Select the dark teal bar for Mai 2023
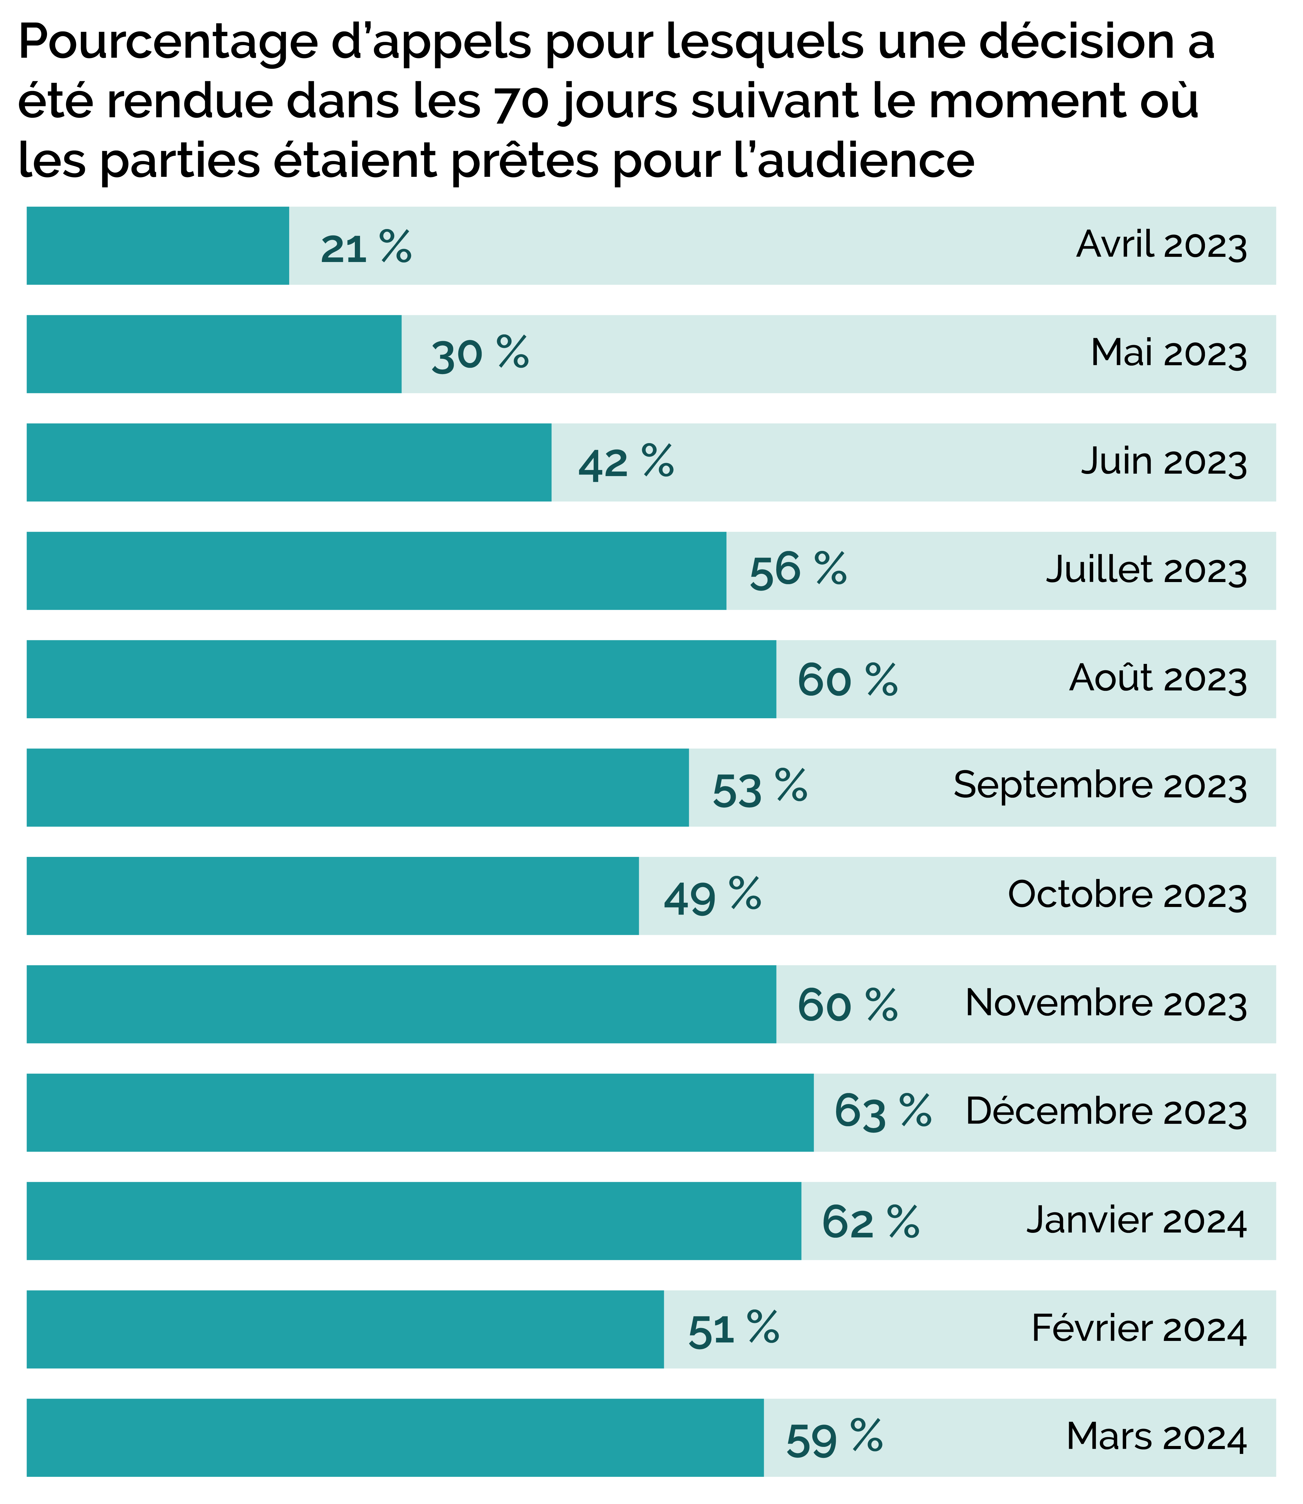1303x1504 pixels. pos(214,354)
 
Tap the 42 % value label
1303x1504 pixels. pos(626,463)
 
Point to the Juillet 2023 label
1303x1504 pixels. pos(1146,570)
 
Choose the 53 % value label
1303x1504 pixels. pos(760,788)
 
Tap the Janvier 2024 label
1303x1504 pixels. pos(1137,1220)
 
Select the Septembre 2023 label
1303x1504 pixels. pos(1100,786)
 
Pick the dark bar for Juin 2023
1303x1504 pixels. pos(289,463)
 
